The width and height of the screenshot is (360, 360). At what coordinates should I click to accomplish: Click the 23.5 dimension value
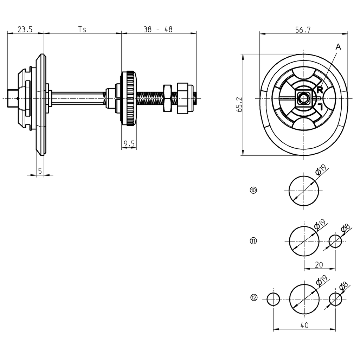tap(25, 30)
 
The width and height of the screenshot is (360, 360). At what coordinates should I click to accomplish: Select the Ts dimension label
tap(82, 30)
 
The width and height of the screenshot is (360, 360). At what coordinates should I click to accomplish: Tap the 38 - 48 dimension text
tap(158, 30)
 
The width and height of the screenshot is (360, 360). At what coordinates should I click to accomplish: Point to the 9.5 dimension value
tap(129, 143)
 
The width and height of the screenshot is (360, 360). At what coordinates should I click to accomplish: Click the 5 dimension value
tap(40, 171)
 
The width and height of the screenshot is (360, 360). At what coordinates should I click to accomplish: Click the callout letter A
tap(338, 47)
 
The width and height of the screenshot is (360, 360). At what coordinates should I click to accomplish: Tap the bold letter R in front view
tap(320, 90)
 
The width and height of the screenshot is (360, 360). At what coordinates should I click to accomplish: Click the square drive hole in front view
tap(303, 98)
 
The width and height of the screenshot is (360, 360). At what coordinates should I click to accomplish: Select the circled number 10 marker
tap(253, 190)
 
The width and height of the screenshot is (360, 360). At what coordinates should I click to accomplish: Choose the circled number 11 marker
tap(253, 241)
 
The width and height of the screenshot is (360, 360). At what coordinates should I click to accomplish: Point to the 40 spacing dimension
tap(304, 325)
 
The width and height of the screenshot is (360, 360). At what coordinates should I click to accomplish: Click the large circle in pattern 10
tap(304, 190)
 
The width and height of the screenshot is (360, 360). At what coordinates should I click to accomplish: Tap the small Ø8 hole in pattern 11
tap(335, 241)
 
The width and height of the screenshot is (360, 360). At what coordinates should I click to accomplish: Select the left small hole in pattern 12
tap(273, 300)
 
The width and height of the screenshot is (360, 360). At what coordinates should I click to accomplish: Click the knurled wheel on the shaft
tap(129, 98)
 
